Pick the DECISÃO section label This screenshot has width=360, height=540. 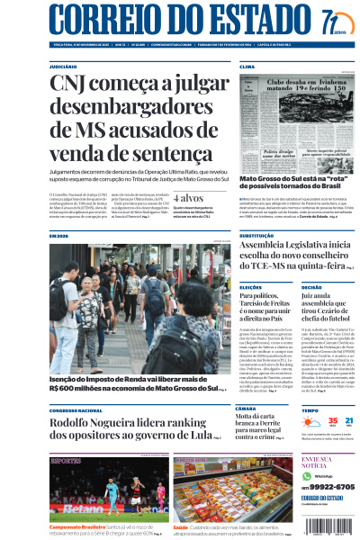tap(312, 286)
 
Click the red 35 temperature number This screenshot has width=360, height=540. tap(308, 420)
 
